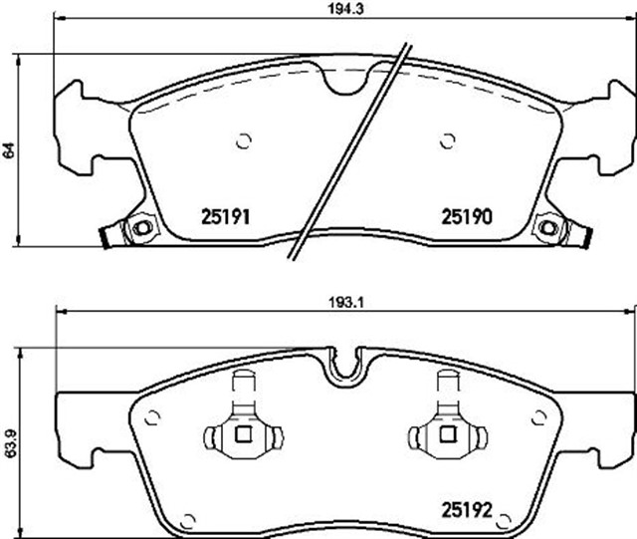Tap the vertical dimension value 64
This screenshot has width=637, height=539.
pos(9,150)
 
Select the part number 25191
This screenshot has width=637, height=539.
pos(226,217)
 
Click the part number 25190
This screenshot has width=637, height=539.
pos(467,217)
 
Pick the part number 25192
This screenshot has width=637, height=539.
pos(467,510)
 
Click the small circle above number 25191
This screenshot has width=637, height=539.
pos(244,140)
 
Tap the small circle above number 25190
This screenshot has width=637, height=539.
pos(447,140)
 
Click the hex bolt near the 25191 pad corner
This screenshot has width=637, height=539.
pos(142,228)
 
